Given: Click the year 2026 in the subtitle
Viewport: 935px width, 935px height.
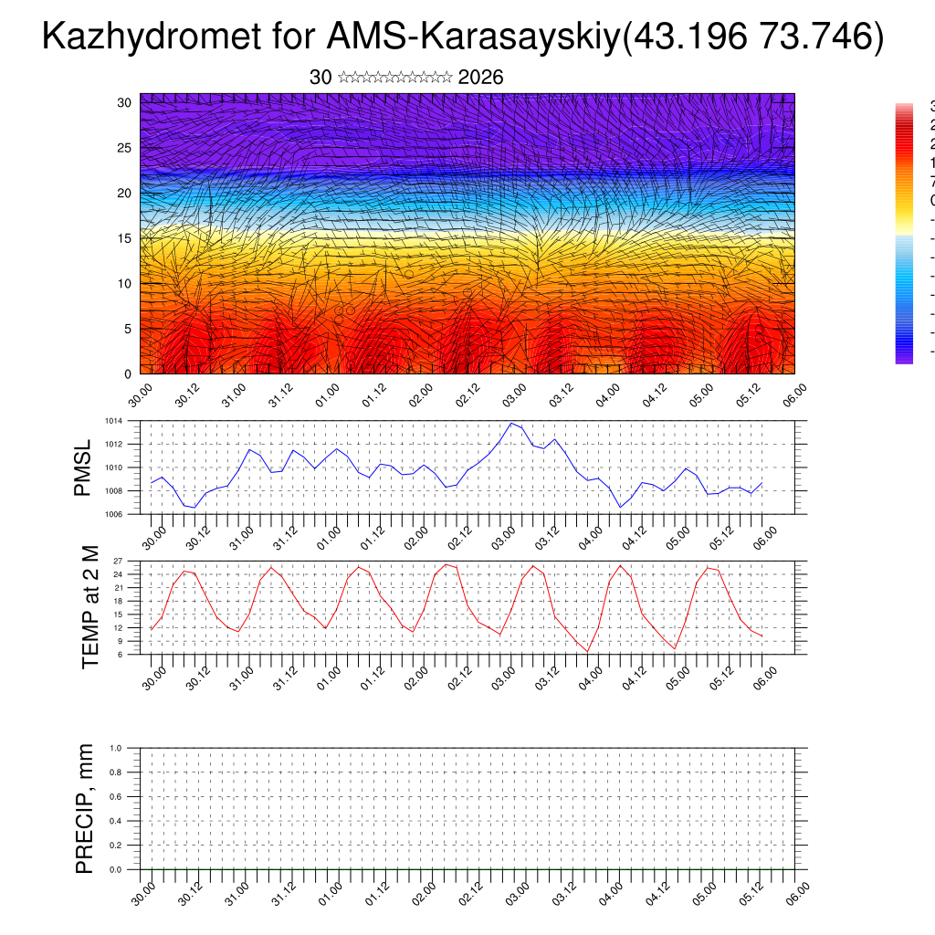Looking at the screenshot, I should point(480,78).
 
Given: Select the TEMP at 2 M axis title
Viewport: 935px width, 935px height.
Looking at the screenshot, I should point(90,606).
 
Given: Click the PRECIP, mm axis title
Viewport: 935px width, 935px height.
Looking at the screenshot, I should point(85,808).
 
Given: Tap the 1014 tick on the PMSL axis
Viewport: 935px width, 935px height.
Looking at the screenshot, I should point(113,421).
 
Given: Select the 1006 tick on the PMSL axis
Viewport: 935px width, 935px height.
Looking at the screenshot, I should point(113,514).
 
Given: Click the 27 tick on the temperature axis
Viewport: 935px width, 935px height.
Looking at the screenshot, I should point(118,561).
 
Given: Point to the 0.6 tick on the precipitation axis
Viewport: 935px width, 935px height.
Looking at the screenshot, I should point(116,796).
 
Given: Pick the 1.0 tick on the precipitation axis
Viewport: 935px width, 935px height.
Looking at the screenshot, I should point(116,748).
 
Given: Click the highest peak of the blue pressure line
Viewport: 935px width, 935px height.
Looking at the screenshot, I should point(511,423).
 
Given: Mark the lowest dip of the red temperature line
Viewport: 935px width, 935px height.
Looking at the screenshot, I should point(588,651).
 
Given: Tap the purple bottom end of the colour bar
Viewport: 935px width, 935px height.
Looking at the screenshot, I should point(904,358).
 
